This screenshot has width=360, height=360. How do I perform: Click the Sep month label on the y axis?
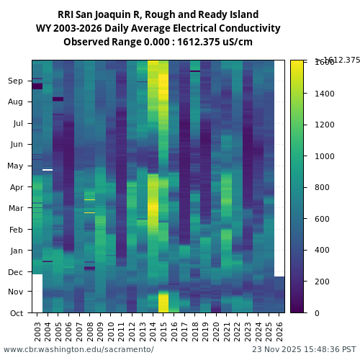16,81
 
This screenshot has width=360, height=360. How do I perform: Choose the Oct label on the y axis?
16,313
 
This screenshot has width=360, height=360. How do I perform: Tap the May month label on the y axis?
15,166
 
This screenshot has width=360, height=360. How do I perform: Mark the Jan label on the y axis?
16,251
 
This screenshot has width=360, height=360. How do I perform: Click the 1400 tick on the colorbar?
324,94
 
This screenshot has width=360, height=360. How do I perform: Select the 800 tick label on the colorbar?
322,187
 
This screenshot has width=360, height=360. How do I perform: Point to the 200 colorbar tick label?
322,282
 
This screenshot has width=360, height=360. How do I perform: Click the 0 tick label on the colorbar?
318,313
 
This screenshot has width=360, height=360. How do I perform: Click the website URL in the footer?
78,349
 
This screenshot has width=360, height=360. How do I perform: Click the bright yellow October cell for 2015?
163,302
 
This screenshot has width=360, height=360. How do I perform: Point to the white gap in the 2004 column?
48,170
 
